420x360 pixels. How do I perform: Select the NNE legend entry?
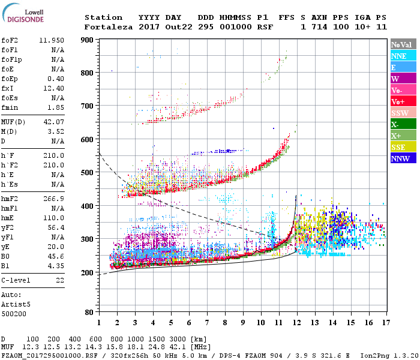[398, 56]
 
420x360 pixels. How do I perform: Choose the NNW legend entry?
[400, 158]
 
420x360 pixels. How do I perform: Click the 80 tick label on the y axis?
[89, 313]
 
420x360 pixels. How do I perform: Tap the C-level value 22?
[59, 280]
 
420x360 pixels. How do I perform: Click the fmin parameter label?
[11, 107]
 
